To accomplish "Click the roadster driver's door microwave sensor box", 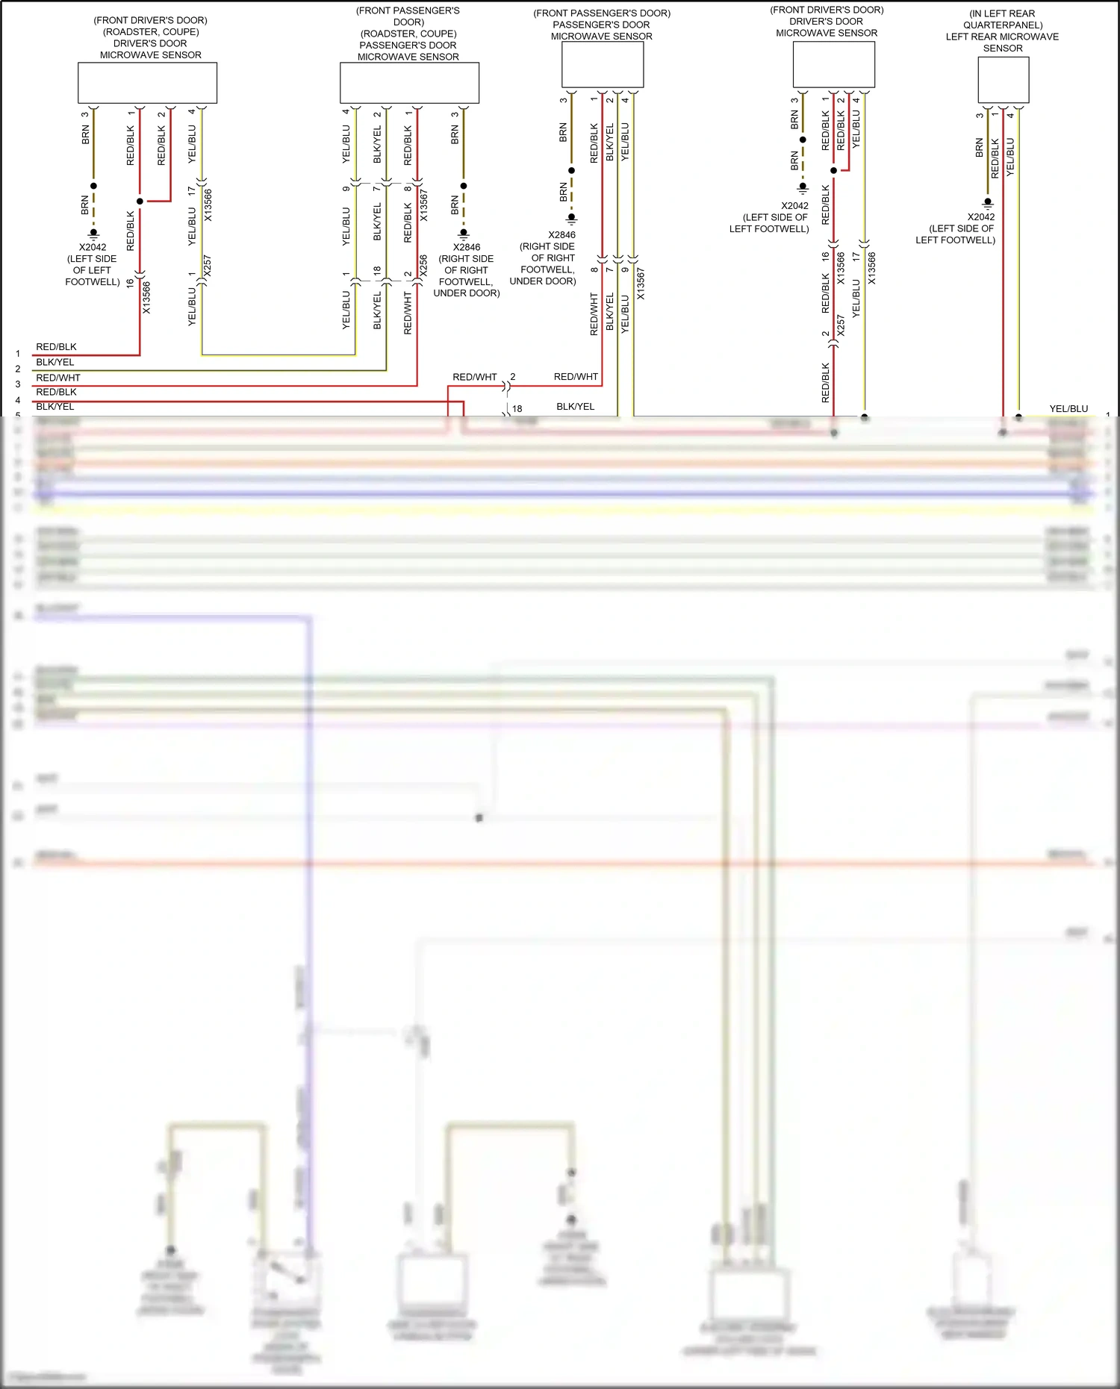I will [147, 82].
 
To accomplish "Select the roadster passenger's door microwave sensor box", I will [409, 82].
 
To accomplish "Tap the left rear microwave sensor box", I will [1003, 80].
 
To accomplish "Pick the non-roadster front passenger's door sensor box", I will [602, 64].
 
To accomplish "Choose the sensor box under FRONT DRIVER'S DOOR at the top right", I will [833, 64].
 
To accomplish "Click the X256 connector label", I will [423, 266].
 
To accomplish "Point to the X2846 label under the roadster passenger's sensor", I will [467, 247].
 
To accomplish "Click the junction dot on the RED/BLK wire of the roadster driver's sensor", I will [140, 202].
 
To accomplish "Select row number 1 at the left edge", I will [18, 354].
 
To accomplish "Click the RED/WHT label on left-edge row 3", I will [58, 378].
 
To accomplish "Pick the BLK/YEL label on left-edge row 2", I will [55, 362].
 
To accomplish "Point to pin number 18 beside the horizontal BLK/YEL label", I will [517, 409].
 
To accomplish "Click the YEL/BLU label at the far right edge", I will [1068, 408].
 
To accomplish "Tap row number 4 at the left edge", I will [18, 400].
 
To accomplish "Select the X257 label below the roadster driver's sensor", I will [207, 266].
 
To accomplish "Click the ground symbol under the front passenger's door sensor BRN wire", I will [571, 219].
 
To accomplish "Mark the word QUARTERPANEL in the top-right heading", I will [1003, 25].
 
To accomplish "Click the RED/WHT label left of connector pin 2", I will [474, 377].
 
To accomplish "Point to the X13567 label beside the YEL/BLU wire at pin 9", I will [640, 284].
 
